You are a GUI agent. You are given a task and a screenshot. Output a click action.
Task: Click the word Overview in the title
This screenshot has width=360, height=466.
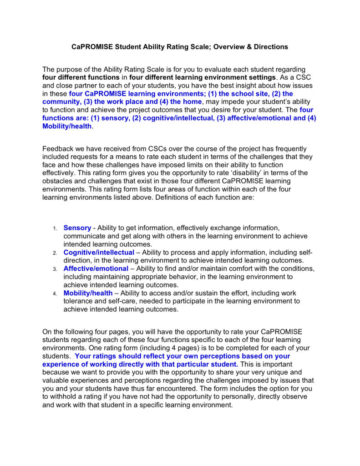(x=226, y=47)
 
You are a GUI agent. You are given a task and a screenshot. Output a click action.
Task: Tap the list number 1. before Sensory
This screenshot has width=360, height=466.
(x=55, y=228)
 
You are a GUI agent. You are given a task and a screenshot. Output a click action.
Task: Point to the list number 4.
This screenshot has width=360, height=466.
(x=55, y=294)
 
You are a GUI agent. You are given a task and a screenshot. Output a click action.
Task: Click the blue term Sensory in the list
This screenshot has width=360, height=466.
(x=77, y=228)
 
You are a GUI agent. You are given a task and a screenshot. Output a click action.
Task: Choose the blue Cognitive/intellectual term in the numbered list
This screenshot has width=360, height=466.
(x=99, y=252)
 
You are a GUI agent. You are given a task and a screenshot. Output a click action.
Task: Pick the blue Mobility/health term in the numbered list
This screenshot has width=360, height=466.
(x=88, y=293)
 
